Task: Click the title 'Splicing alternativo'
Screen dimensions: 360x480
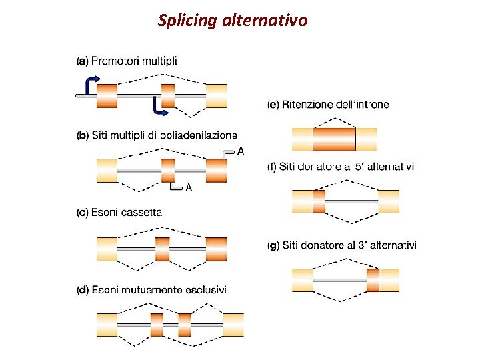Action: [x=233, y=21]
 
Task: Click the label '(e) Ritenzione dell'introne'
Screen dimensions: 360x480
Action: [x=328, y=105]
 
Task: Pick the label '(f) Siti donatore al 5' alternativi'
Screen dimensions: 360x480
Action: [x=341, y=167]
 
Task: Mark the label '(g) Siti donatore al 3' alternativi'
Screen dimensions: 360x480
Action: [x=341, y=245]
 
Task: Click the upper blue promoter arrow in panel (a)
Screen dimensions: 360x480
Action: [x=91, y=83]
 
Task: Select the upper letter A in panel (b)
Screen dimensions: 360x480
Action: [x=241, y=152]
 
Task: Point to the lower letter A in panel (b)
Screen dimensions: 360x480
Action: [x=189, y=188]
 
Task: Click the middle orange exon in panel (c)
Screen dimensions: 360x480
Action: [x=162, y=248]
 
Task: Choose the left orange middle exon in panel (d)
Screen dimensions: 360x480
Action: [x=157, y=324]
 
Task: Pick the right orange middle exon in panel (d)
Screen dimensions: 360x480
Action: [x=185, y=324]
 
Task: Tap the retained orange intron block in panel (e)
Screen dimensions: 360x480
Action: [x=334, y=140]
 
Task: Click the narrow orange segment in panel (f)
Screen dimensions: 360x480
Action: [x=319, y=201]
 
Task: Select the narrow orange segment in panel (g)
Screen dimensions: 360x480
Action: [x=373, y=280]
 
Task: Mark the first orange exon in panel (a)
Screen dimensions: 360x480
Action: [x=107, y=95]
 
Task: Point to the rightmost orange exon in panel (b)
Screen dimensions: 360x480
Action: [x=216, y=170]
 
